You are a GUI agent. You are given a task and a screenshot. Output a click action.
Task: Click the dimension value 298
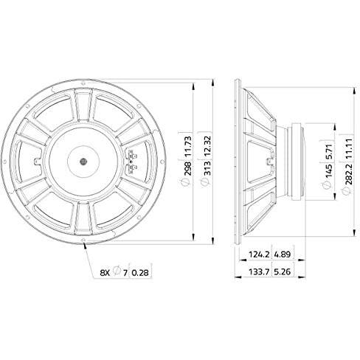[187, 168]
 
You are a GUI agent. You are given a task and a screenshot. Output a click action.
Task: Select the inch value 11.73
[187, 147]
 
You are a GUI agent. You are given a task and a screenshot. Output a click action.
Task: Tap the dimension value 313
[207, 168]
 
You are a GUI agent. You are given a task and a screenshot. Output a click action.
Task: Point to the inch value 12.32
[207, 147]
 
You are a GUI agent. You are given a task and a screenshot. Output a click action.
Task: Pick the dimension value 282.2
[349, 174]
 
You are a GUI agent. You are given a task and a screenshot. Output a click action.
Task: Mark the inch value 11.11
[349, 148]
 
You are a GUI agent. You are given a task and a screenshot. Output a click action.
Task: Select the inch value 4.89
[283, 255]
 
